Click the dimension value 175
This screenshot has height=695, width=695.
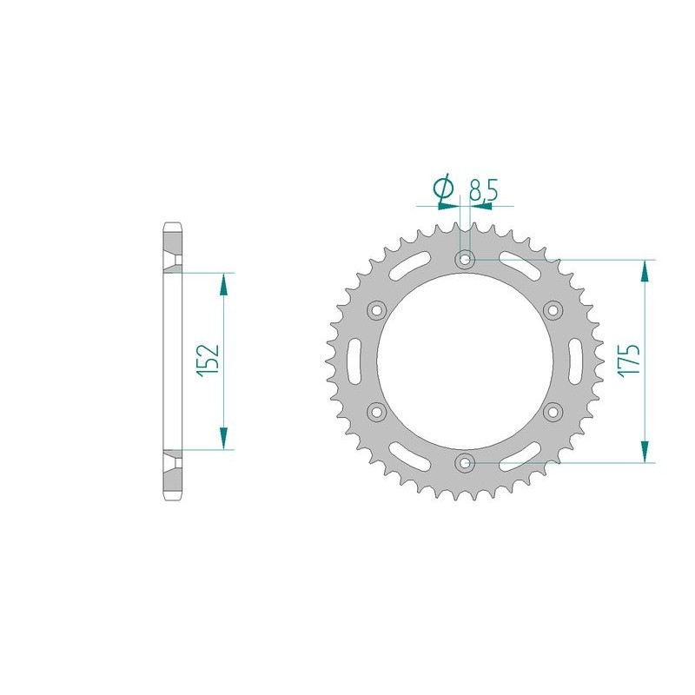click(630, 360)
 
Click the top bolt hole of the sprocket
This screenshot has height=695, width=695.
click(466, 258)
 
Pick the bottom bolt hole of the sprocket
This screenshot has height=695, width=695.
click(466, 462)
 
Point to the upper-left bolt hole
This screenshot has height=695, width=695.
click(377, 309)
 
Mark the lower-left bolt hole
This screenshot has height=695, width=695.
click(377, 411)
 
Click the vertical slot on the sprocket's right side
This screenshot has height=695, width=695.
click(577, 360)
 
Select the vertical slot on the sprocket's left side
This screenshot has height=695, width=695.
click(354, 360)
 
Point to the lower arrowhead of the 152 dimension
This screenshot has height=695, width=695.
click(223, 440)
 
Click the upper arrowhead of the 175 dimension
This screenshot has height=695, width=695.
click(644, 269)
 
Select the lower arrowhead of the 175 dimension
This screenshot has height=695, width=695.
click(644, 452)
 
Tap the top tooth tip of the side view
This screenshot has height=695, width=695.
click(171, 227)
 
